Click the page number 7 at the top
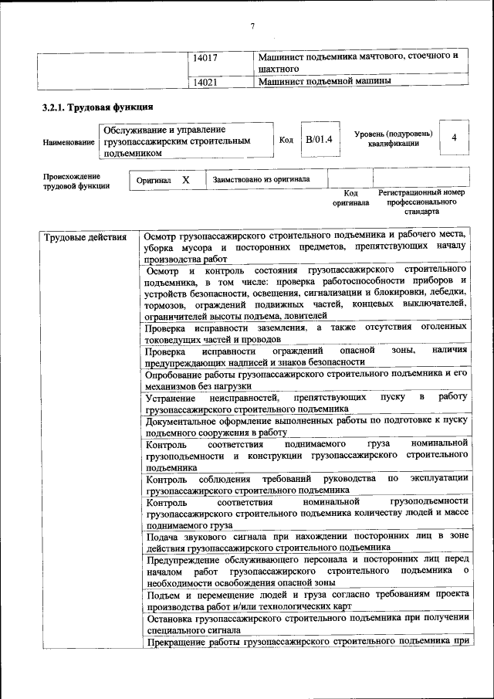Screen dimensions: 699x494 pos(252,27)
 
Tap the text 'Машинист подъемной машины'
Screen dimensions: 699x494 pos(324,80)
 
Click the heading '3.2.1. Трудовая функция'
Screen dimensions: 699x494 pos(97,107)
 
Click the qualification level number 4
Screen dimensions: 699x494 pos(455,137)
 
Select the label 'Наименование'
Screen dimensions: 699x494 pos(69,143)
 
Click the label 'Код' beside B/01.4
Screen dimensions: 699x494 pos(286,140)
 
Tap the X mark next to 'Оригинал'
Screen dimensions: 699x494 pos(185,179)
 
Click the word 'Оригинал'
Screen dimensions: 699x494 pos(153,180)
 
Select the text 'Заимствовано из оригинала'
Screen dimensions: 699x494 pos(262,179)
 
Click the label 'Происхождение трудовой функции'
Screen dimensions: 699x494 pos(76,182)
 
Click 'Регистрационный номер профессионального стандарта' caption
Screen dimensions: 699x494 pos(421,201)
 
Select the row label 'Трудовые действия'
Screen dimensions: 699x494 pos(85,237)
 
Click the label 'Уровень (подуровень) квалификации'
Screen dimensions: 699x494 pos(393,139)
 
